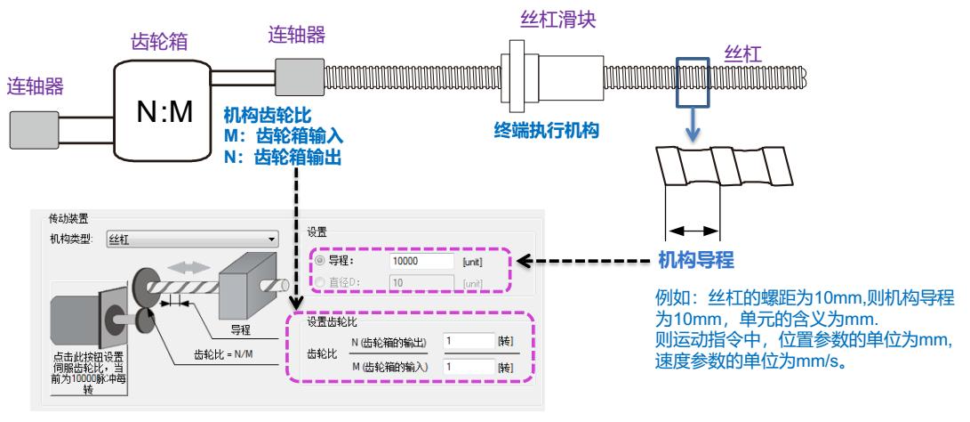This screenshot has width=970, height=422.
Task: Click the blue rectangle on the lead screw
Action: click(693, 79)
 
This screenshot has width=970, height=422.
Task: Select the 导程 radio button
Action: click(317, 263)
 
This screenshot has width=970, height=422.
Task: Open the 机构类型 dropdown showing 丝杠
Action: click(192, 239)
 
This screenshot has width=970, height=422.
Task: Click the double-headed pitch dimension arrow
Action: click(693, 230)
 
